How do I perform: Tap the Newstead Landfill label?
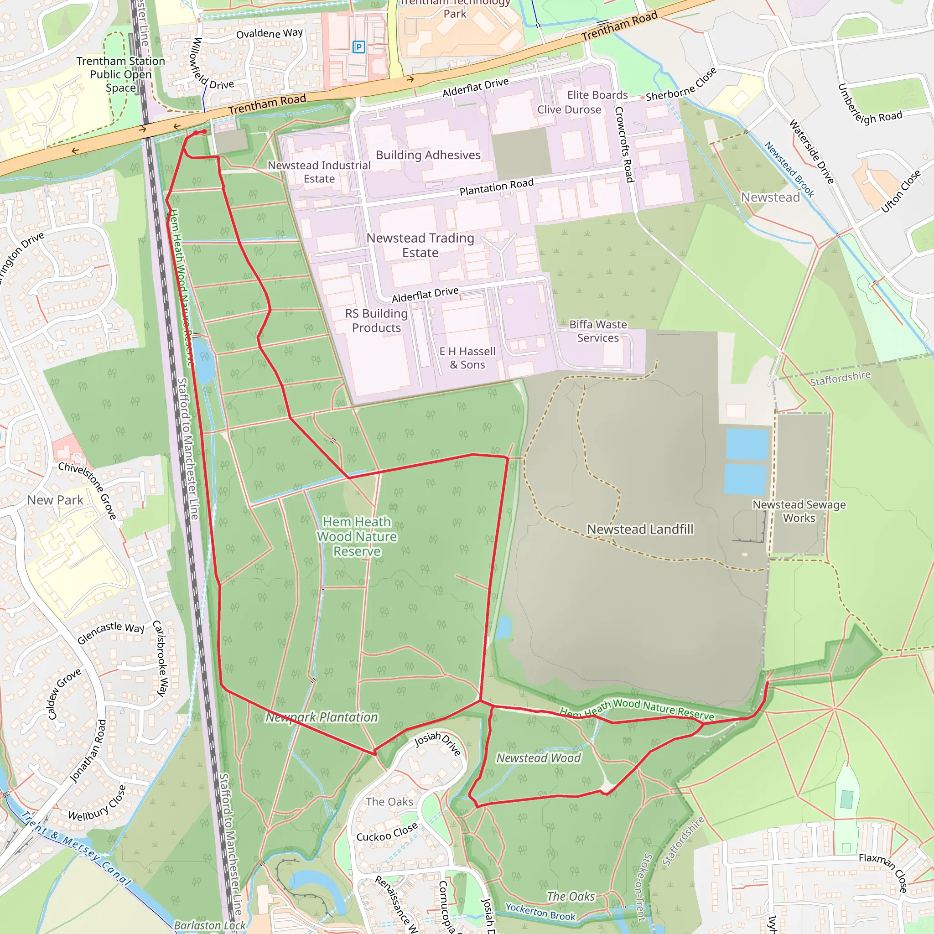coord(639,529)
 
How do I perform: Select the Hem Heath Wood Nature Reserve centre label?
coord(357,537)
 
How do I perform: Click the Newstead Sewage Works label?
coord(799,511)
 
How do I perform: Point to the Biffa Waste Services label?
coord(597,331)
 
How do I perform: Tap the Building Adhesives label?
coord(428,155)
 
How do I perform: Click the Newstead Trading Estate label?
coord(420,245)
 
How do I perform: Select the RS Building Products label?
coord(376,321)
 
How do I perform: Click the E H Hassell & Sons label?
coord(467,358)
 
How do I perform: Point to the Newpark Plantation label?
coord(322,717)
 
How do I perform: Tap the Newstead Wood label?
coord(538,758)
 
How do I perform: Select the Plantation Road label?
coord(496,187)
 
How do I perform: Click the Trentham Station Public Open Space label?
coord(120,74)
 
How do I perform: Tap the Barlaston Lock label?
coord(209,925)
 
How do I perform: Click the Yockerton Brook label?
coord(540,912)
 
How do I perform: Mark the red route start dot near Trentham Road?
coord(204,131)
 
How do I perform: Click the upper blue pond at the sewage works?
coord(747,444)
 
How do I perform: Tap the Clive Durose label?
coord(569,110)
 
